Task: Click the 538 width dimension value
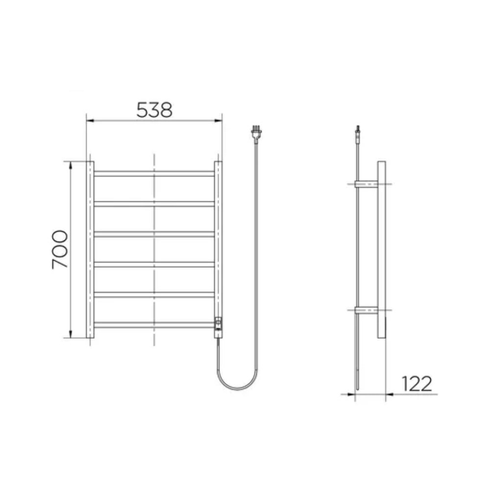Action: [x=154, y=110]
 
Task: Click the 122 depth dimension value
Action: [x=417, y=384]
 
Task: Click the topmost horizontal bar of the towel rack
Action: [x=154, y=173]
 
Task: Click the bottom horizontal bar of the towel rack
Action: [x=154, y=324]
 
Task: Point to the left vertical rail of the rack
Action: [x=90, y=249]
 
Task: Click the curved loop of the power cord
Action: [x=235, y=385]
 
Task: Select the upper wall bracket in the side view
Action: [x=367, y=184]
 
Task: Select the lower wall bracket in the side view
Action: [x=367, y=310]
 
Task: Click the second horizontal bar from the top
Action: [x=154, y=203]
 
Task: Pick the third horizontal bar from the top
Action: [x=154, y=234]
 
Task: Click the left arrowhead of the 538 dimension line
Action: [x=89, y=120]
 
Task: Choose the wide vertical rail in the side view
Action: [x=381, y=249]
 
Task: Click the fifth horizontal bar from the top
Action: [x=154, y=294]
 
